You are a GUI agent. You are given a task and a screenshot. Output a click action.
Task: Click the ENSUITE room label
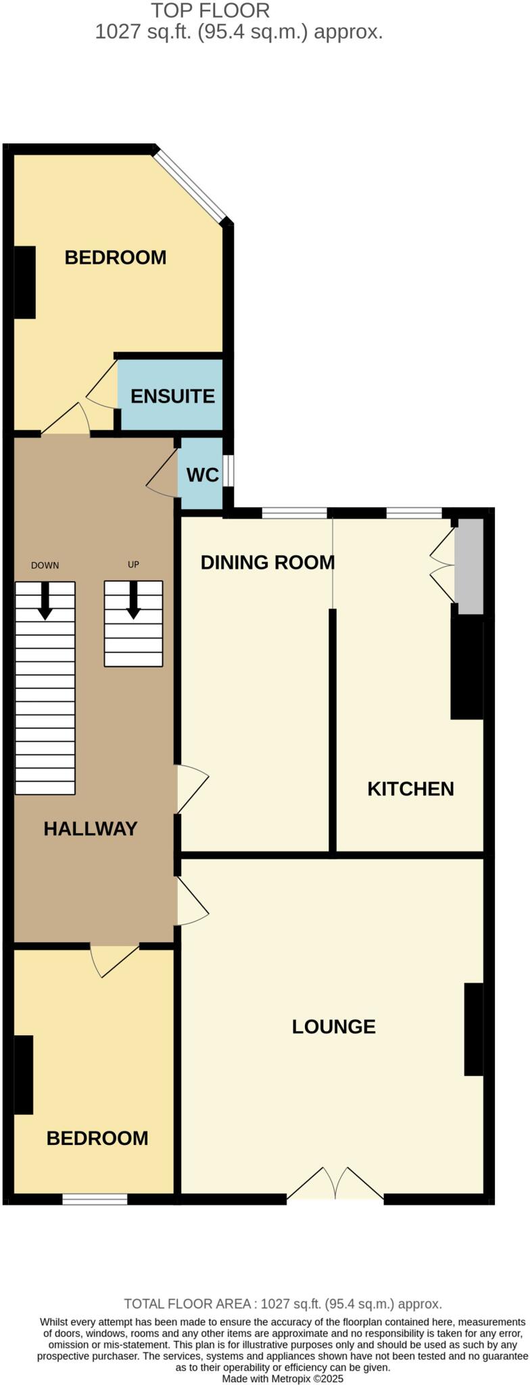172,396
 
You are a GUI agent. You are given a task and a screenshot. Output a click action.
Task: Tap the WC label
202,475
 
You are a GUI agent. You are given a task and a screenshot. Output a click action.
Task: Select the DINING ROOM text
268,562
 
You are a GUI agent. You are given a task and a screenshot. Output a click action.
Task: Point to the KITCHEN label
410,789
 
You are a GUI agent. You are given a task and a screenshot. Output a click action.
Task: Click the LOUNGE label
333,1026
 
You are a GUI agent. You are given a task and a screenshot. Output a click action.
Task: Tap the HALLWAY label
91,828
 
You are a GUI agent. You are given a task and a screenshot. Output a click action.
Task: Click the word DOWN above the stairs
45,565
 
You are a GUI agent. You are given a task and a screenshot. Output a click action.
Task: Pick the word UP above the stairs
133,565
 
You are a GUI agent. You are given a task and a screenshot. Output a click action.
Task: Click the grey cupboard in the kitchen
468,566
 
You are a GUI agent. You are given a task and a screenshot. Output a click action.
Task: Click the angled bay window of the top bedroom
190,185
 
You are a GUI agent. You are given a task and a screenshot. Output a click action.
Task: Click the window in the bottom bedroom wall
95,1199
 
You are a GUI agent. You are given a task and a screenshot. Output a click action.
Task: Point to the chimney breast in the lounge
473,1029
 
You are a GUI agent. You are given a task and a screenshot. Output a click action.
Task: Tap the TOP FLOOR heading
210,11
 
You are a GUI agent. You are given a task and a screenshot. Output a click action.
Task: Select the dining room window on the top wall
294,513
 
